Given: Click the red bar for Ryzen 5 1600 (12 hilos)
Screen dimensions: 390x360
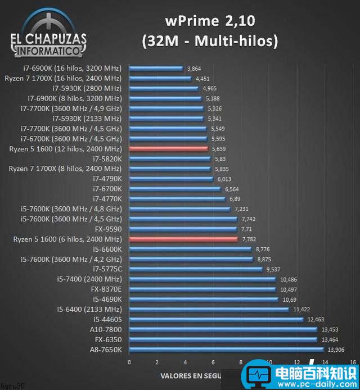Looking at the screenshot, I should tap(168, 149).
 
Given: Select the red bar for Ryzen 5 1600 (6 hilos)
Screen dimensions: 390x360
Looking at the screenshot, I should tap(183, 239).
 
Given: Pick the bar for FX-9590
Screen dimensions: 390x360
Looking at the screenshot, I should tap(183, 229).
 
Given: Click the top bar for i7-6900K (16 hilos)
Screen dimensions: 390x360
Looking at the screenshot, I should tap(156, 68).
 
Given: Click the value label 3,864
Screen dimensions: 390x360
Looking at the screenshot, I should tap(194, 68).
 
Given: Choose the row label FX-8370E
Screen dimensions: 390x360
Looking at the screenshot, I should tap(106, 289).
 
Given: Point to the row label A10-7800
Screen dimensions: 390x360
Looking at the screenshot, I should tap(106, 329).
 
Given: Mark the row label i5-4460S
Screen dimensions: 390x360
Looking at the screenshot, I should tap(107, 319).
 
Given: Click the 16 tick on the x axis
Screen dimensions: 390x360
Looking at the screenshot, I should tap(352, 362).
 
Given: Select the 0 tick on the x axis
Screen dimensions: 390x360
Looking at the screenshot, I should tap(129, 362).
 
